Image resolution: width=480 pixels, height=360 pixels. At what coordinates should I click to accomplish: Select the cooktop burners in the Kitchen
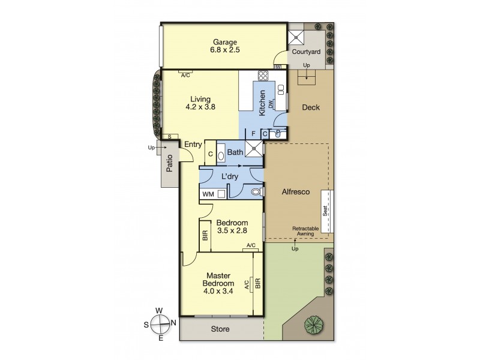tap(262, 76)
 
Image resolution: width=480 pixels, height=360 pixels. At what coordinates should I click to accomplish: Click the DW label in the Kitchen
tap(272, 104)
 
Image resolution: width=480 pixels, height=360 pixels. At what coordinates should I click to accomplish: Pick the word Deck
tap(311, 108)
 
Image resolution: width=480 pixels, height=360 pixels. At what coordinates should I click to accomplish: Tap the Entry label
tap(193, 144)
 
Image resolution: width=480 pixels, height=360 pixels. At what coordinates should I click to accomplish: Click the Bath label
tap(235, 152)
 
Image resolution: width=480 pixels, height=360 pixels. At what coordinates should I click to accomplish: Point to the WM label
tap(208, 194)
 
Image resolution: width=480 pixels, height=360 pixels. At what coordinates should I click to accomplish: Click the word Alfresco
tap(296, 193)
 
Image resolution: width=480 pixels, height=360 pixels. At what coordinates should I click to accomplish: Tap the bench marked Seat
tap(326, 212)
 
